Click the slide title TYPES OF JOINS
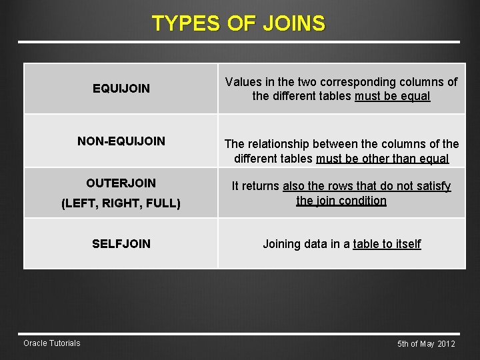coord(239,23)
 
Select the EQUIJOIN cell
coord(121,88)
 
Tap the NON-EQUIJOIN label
coord(121,141)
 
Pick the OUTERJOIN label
coord(121,183)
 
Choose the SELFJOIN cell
coord(121,244)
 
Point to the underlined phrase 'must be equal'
coord(393,96)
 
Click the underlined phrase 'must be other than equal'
coord(383,159)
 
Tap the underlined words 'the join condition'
coord(341,200)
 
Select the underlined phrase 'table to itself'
coord(387,244)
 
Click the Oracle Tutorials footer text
coord(52,343)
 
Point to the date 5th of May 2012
coord(426,344)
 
